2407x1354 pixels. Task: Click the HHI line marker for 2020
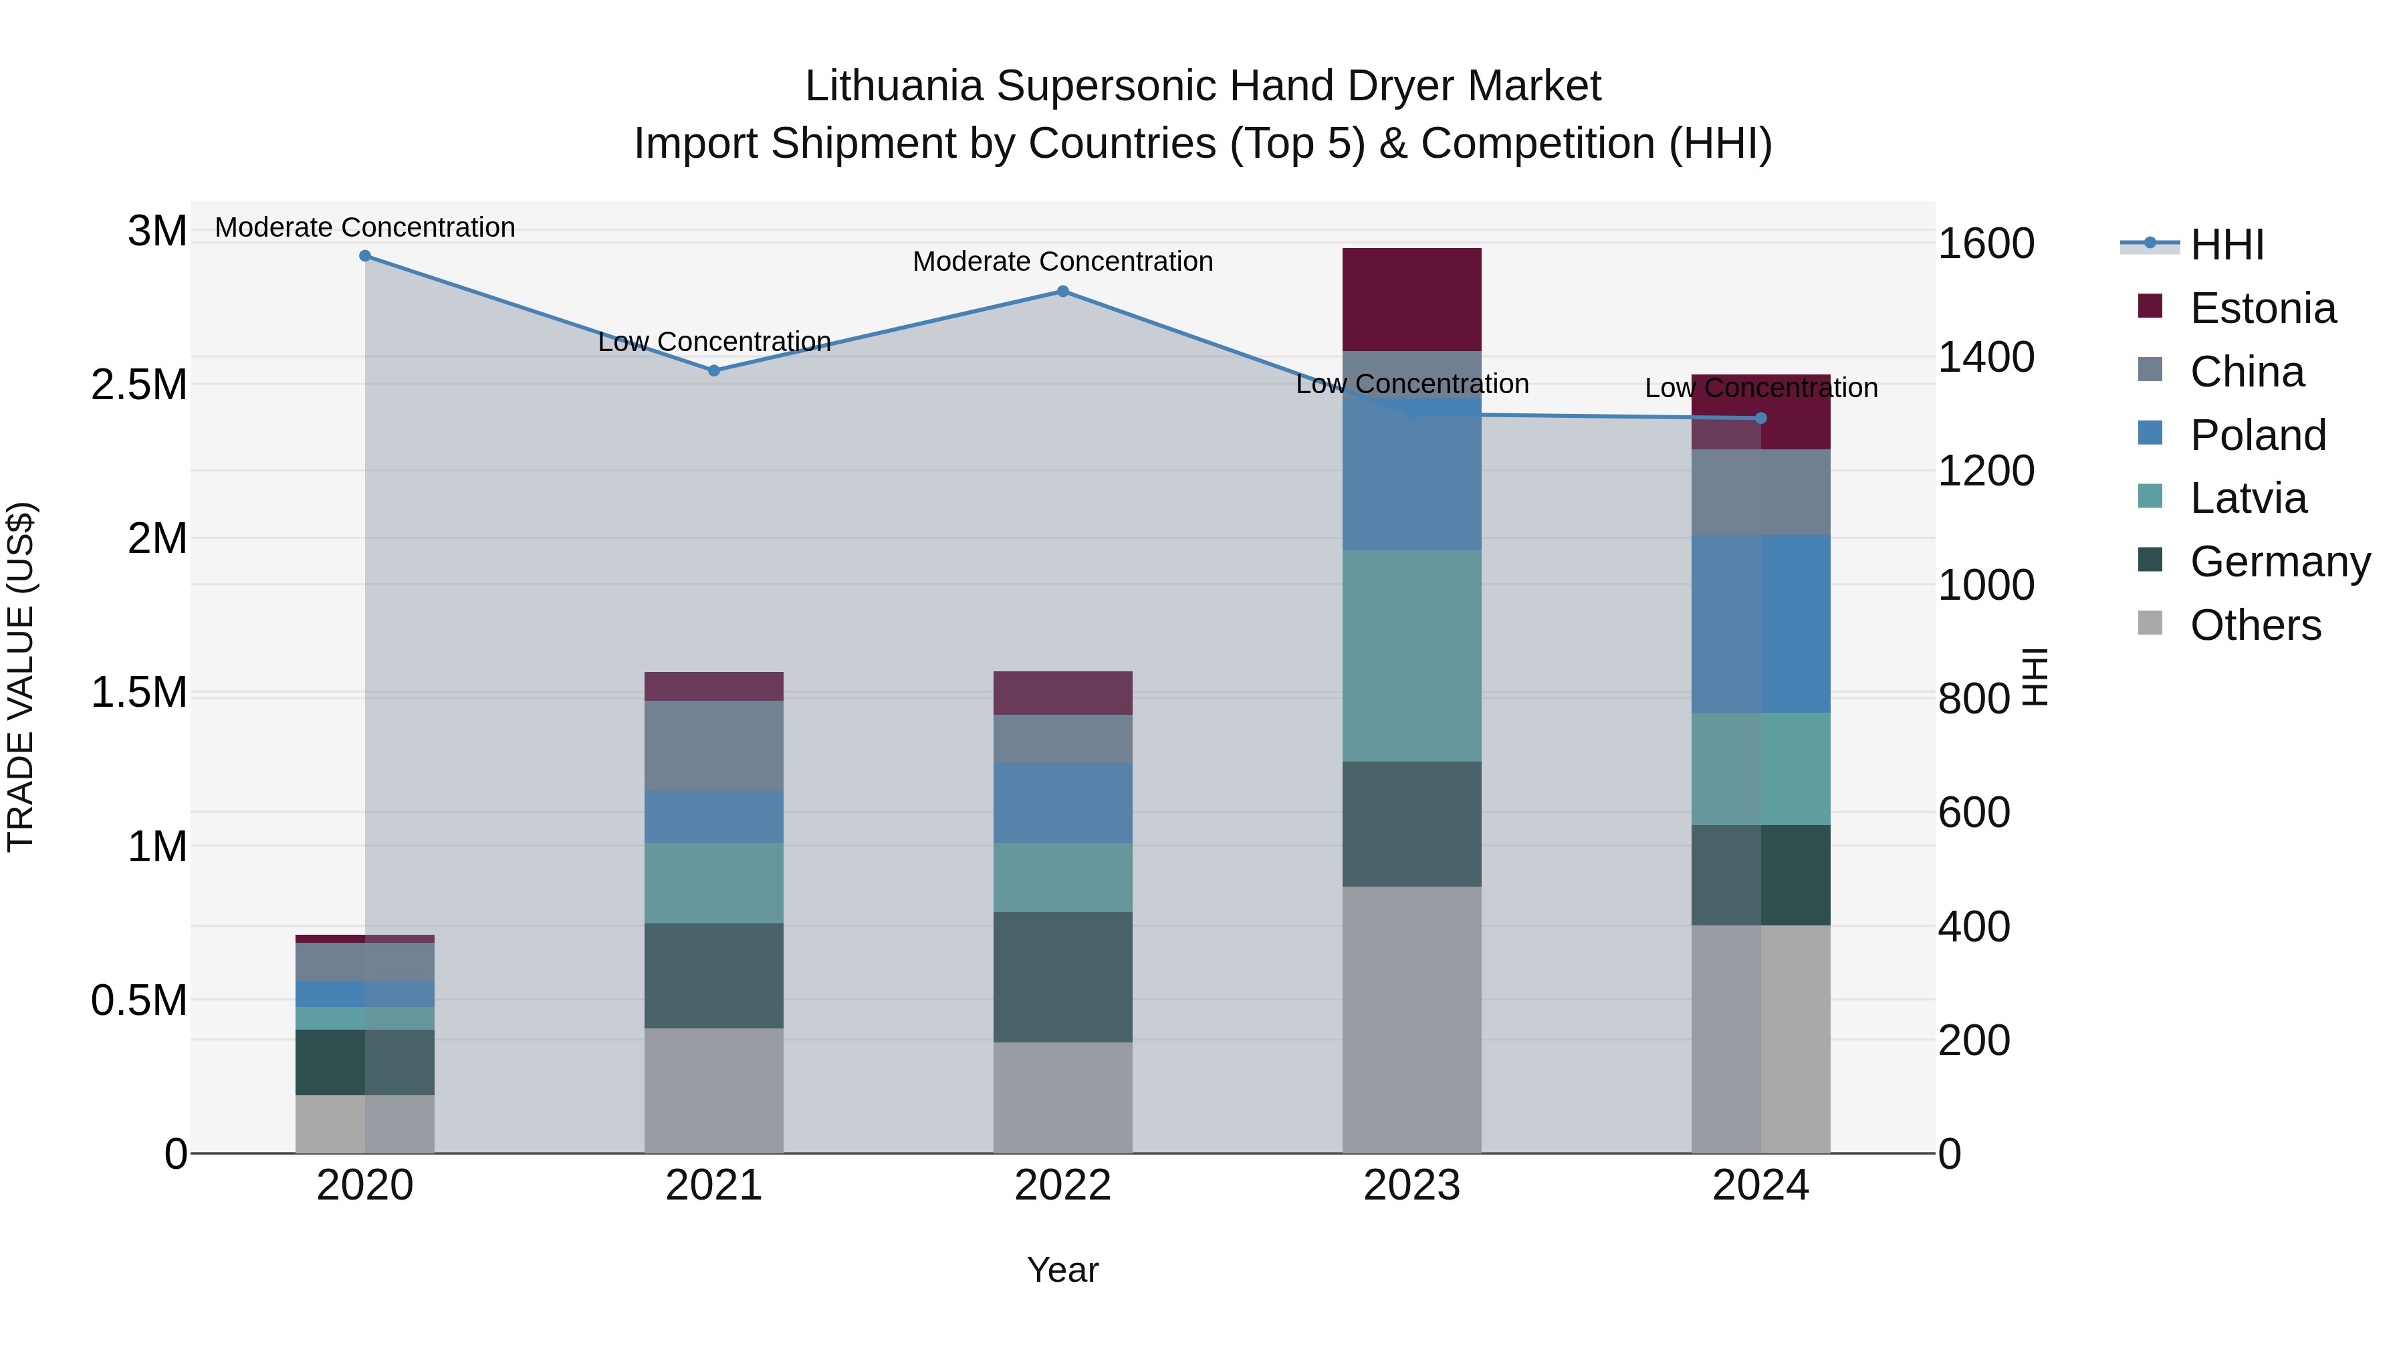365,256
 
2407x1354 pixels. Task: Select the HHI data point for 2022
1062,292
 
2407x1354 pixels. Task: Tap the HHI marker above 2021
714,371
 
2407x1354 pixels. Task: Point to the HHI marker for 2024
1760,419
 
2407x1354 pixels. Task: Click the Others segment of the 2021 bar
714,1091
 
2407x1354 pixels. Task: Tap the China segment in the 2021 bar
714,746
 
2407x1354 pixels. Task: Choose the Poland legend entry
2257,435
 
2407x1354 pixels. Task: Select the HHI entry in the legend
2226,245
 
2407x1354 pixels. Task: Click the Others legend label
2256,625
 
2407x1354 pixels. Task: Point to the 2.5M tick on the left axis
139,385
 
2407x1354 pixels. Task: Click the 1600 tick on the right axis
1986,244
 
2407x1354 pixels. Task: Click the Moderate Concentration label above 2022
1062,261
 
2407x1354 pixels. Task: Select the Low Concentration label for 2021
714,342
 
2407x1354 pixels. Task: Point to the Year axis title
1062,1270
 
